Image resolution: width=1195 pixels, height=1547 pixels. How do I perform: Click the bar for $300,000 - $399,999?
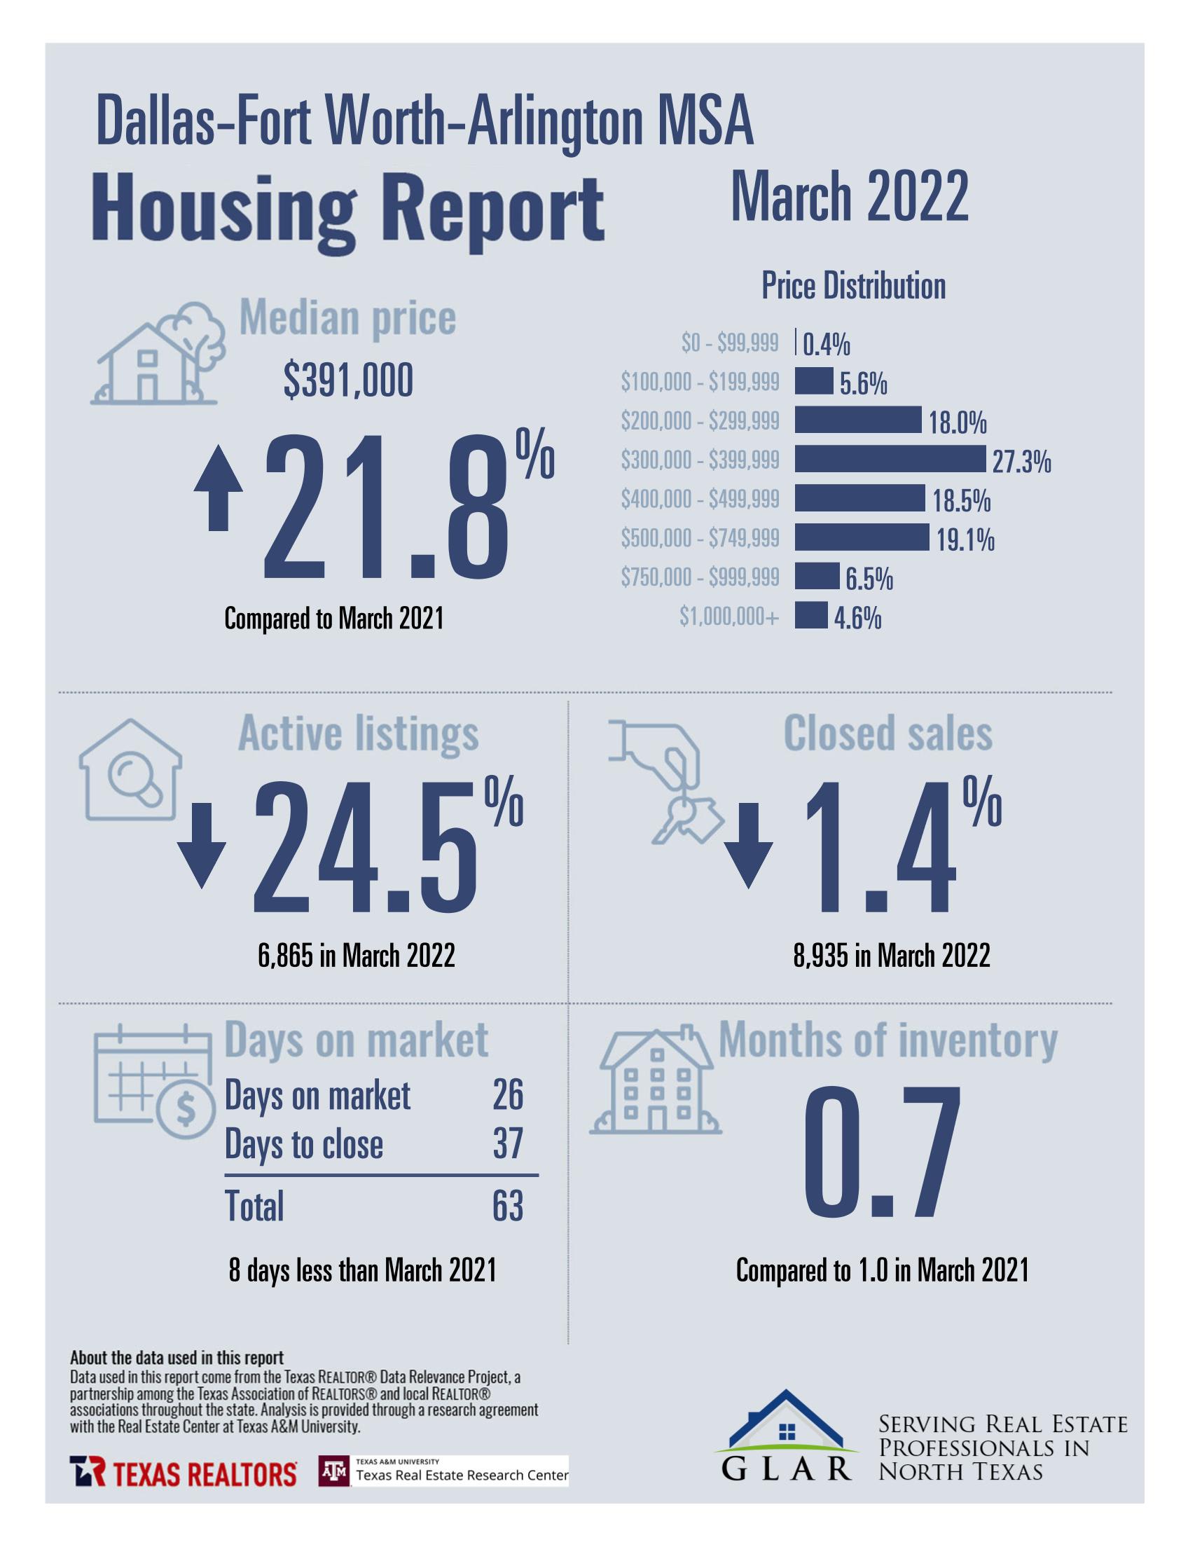click(889, 459)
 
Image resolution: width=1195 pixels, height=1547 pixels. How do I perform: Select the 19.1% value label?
click(965, 541)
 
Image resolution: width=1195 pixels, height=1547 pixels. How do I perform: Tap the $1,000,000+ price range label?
click(728, 617)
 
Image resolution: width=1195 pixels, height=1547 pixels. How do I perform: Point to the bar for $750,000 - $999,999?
click(816, 576)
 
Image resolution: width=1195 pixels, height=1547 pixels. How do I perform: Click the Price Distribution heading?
click(853, 286)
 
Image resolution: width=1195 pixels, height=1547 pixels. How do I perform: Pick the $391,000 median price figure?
click(348, 383)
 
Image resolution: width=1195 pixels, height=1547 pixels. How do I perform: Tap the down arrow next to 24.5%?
click(201, 845)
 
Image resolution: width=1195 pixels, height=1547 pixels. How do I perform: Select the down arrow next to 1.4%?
click(749, 845)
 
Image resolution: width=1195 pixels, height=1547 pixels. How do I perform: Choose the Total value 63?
click(507, 1206)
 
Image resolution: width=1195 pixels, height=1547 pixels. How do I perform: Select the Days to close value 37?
click(507, 1144)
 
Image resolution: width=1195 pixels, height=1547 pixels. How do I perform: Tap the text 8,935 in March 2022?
click(891, 956)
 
